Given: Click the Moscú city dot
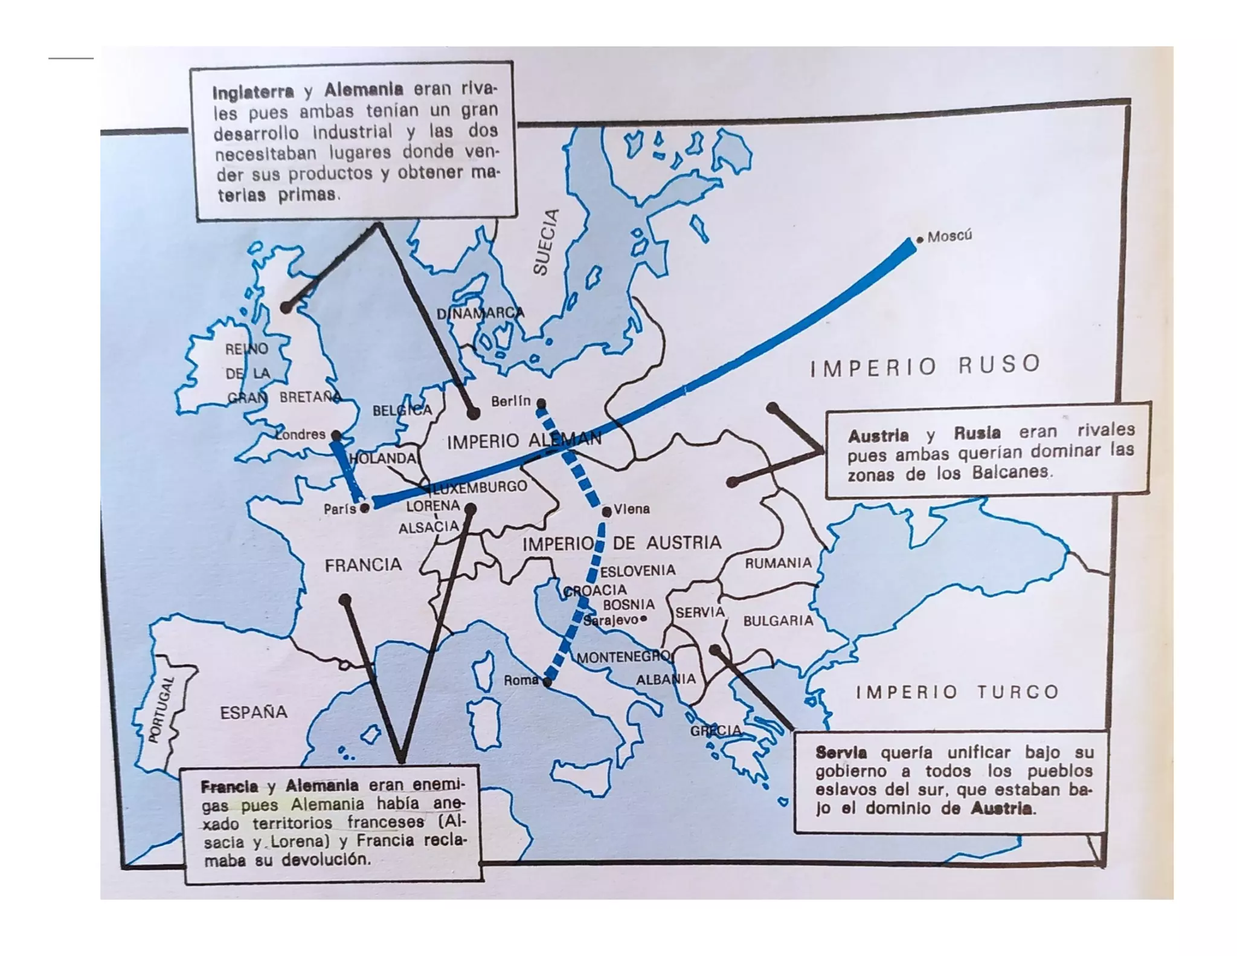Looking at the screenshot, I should (920, 240).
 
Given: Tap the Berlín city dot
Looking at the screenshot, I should (541, 403).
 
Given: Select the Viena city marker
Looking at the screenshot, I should (606, 512).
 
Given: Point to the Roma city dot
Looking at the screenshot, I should (547, 682).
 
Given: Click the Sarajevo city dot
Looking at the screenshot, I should (643, 619).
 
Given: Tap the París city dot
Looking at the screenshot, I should (364, 509).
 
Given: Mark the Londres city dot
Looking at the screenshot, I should (336, 435).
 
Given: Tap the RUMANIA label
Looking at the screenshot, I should (778, 563).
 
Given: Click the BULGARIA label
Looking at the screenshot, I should (778, 621).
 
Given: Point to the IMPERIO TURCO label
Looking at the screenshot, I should (957, 692).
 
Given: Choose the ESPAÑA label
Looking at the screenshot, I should (254, 712).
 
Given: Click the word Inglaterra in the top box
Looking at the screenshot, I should (253, 92).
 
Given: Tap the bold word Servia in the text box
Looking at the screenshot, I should (841, 752).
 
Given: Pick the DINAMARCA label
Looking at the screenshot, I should (480, 313).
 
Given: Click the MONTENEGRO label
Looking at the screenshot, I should (623, 657).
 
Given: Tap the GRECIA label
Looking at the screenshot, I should (716, 731).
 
